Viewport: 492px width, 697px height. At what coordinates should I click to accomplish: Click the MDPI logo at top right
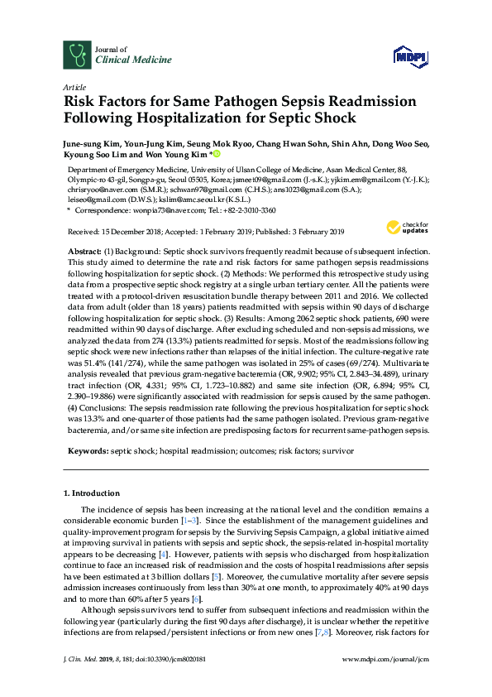point(410,55)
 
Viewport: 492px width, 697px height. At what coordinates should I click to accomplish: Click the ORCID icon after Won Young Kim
point(217,154)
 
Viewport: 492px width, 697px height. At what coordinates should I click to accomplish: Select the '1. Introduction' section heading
point(91,493)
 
